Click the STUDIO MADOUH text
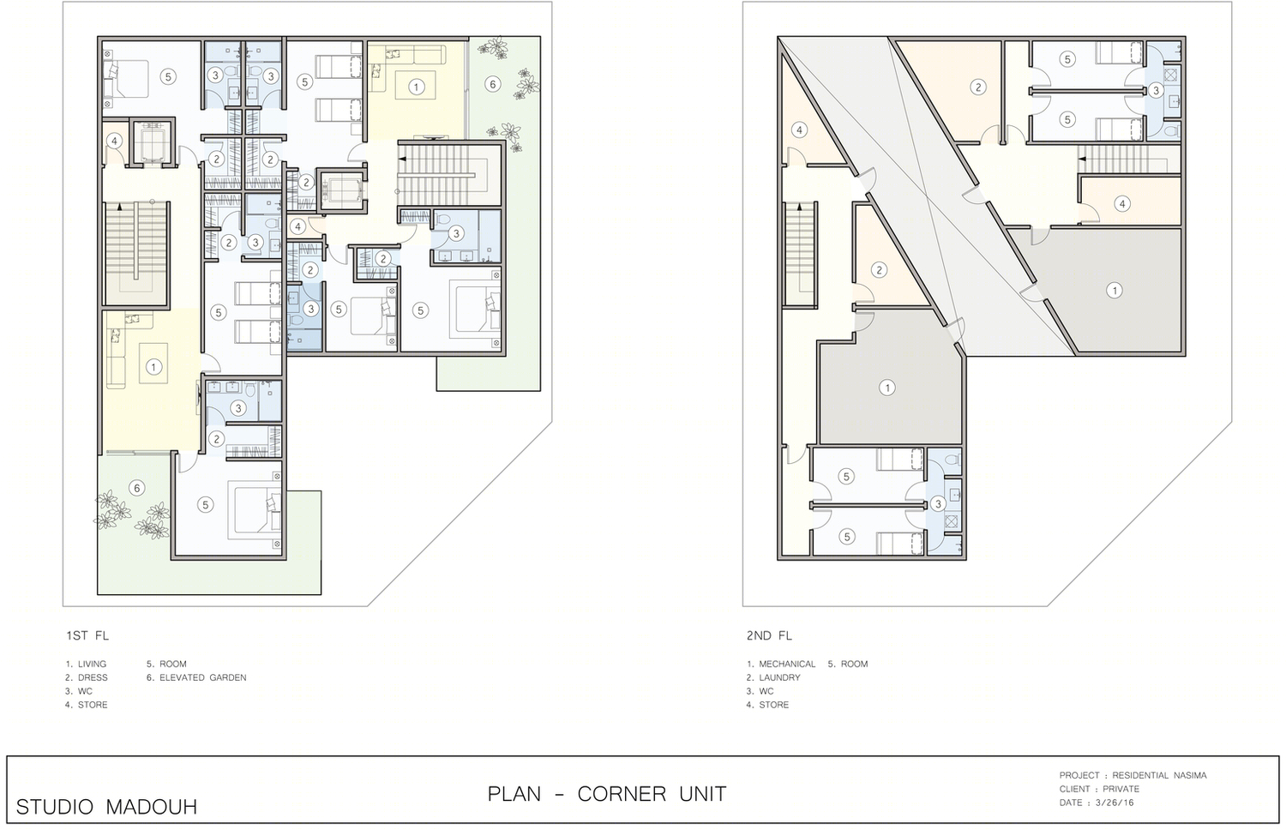pyautogui.click(x=107, y=807)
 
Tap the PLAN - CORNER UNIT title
pyautogui.click(x=607, y=794)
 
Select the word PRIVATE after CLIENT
pyautogui.click(x=1121, y=789)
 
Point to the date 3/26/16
pyautogui.click(x=1115, y=803)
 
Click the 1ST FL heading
pyautogui.click(x=87, y=635)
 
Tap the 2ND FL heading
pyautogui.click(x=769, y=635)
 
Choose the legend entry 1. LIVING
pyautogui.click(x=86, y=664)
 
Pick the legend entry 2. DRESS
pyautogui.click(x=86, y=677)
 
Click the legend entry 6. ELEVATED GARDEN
pyautogui.click(x=196, y=677)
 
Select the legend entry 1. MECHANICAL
pyautogui.click(x=781, y=664)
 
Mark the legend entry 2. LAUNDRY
pyautogui.click(x=773, y=677)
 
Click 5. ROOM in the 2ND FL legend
pyautogui.click(x=848, y=664)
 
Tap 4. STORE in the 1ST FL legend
pyautogui.click(x=86, y=704)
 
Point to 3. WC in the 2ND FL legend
pyautogui.click(x=760, y=691)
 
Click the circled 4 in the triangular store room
pyautogui.click(x=800, y=130)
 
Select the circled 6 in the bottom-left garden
pyautogui.click(x=136, y=489)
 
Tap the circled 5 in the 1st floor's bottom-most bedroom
pyautogui.click(x=205, y=504)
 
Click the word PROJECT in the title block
pyautogui.click(x=1079, y=775)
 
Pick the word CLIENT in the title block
pyautogui.click(x=1075, y=789)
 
